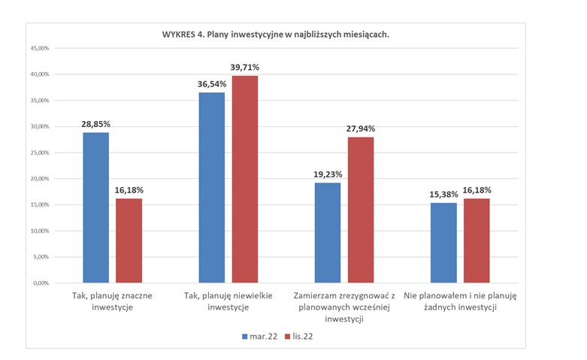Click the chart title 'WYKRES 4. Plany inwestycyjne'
pyautogui.click(x=275, y=35)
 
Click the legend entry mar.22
pyautogui.click(x=259, y=336)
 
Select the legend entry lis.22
pyautogui.click(x=296, y=336)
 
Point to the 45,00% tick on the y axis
pyautogui.click(x=38, y=49)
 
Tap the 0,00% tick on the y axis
pyautogui.click(x=40, y=283)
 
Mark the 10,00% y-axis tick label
pyautogui.click(x=38, y=231)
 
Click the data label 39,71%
pyautogui.click(x=244, y=68)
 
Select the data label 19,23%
pyautogui.click(x=328, y=175)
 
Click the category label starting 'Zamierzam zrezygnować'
pyautogui.click(x=345, y=307)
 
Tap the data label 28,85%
pyautogui.click(x=95, y=125)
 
